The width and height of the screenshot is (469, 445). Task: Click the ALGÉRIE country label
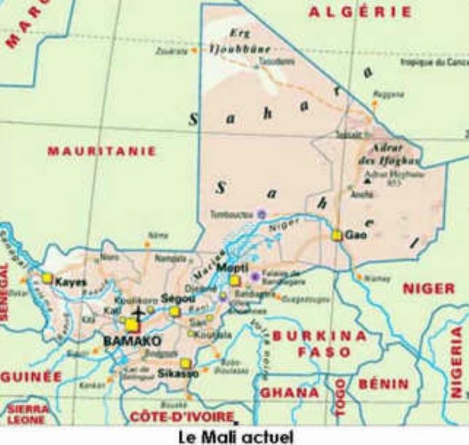(360, 11)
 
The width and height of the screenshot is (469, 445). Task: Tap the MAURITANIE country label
(102, 152)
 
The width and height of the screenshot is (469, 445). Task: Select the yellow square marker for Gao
(337, 235)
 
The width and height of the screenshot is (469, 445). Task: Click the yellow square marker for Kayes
(47, 277)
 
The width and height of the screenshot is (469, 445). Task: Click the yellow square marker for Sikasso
(185, 363)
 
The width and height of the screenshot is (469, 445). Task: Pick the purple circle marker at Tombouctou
(262, 214)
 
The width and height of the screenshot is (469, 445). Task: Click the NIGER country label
(428, 288)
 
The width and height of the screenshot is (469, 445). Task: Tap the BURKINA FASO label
(319, 344)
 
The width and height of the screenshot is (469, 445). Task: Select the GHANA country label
(289, 393)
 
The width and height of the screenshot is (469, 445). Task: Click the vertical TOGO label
(340, 392)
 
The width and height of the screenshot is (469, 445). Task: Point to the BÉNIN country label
(383, 385)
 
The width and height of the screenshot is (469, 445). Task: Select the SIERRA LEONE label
(27, 413)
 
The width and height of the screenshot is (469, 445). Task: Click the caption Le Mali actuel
(235, 437)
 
